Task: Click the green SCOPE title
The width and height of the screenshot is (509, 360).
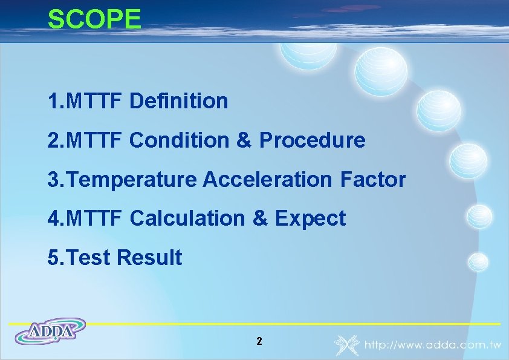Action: pyautogui.click(x=94, y=19)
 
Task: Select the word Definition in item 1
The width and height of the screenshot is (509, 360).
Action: pyautogui.click(x=178, y=101)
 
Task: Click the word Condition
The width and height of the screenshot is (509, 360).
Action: pyautogui.click(x=179, y=140)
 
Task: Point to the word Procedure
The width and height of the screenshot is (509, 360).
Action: pyautogui.click(x=312, y=140)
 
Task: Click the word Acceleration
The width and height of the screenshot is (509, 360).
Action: pyautogui.click(x=269, y=179)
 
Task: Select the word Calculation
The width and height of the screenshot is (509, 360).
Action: pyautogui.click(x=188, y=218)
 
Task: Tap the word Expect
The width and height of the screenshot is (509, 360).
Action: pyautogui.click(x=310, y=218)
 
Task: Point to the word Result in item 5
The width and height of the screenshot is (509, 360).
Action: pyautogui.click(x=149, y=258)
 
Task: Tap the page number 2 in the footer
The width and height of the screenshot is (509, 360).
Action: pyautogui.click(x=259, y=341)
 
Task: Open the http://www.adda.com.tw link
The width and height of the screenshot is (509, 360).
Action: pyautogui.click(x=432, y=345)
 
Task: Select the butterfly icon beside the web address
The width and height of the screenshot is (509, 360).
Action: pyautogui.click(x=347, y=344)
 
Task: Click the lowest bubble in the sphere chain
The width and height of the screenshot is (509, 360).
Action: pyautogui.click(x=478, y=261)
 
